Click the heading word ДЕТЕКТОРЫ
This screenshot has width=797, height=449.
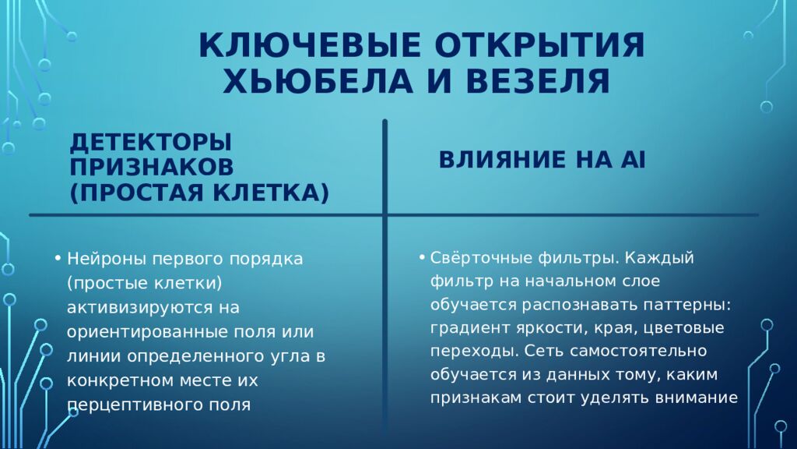151,143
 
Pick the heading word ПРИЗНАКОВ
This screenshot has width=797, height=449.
151,167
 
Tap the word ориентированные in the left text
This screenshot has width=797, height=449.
149,331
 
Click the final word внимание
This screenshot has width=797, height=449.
697,396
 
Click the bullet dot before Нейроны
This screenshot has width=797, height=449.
58,258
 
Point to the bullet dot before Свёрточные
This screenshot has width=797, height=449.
421,257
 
